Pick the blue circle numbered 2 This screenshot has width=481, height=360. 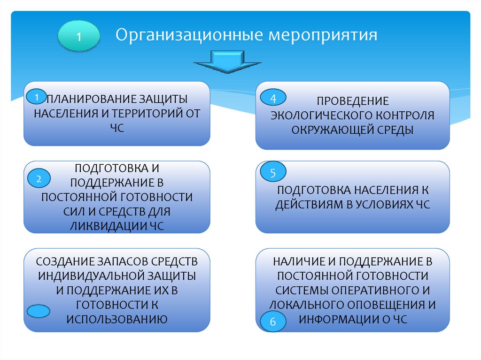click(x=39, y=178)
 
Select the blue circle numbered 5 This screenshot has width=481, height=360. click(x=272, y=173)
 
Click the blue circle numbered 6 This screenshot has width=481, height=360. click(x=272, y=322)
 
